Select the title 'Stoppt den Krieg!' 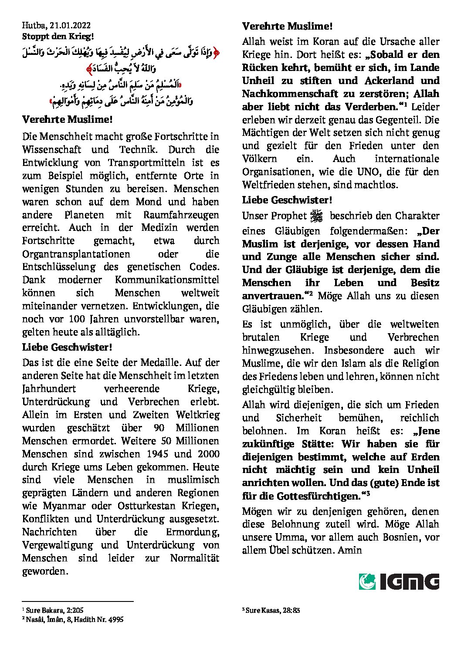point(58,37)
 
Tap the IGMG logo point(399,581)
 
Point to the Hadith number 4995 point(115,619)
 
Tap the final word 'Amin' point(350,551)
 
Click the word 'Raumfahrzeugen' point(181,215)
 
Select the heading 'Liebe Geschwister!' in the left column point(68,348)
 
